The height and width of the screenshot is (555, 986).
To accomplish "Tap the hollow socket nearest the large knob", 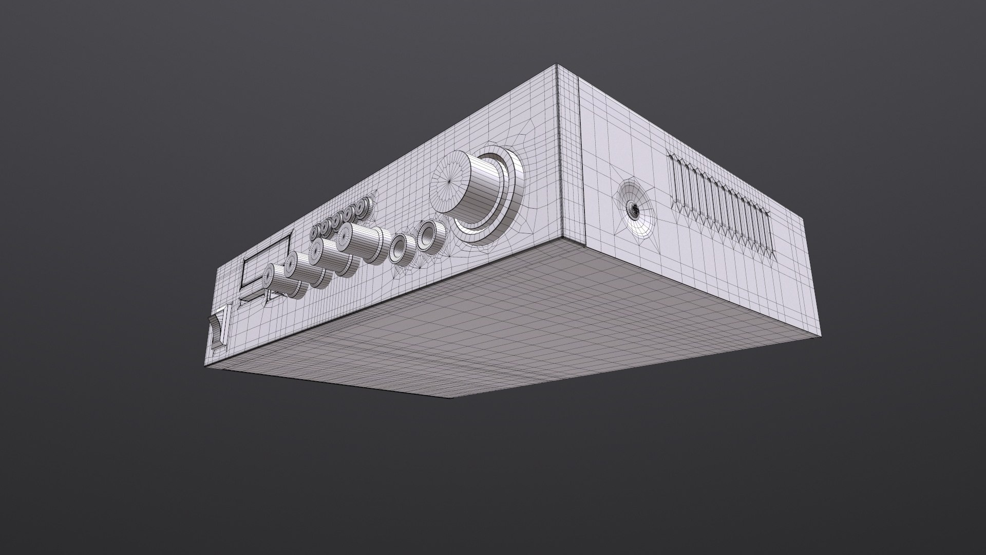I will [427, 236].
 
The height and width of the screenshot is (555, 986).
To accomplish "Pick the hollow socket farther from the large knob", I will [399, 249].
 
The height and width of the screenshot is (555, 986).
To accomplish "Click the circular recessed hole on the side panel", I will [635, 208].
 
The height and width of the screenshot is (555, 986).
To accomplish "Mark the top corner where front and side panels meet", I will [558, 65].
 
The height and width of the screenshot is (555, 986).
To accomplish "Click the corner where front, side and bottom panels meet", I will [563, 238].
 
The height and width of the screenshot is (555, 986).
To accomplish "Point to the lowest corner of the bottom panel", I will [451, 398].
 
